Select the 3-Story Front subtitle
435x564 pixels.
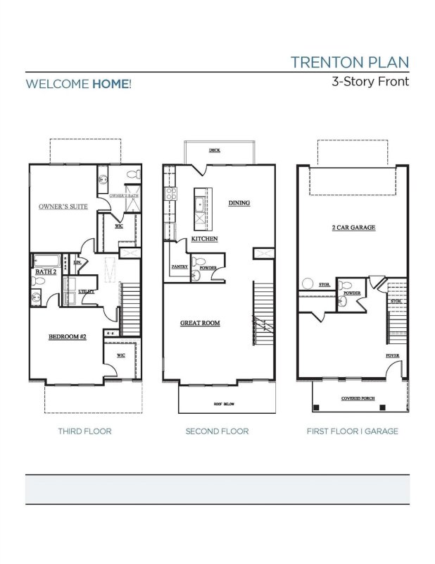pyautogui.click(x=370, y=80)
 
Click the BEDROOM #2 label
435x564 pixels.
pyautogui.click(x=67, y=337)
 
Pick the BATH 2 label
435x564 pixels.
pyautogui.click(x=46, y=271)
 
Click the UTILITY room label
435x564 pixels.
pyautogui.click(x=87, y=290)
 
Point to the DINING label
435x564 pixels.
pyautogui.click(x=239, y=203)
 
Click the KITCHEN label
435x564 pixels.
pyautogui.click(x=203, y=239)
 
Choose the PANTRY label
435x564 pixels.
pyautogui.click(x=179, y=268)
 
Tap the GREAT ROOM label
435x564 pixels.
pyautogui.click(x=200, y=323)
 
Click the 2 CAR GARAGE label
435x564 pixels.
pyautogui.click(x=353, y=228)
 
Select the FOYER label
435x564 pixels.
pyautogui.click(x=392, y=355)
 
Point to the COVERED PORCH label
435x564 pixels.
pyautogui.click(x=358, y=398)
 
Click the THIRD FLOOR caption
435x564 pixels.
pyautogui.click(x=84, y=431)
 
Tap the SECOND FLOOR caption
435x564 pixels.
pyautogui.click(x=217, y=431)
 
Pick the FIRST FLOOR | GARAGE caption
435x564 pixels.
pyautogui.click(x=352, y=431)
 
